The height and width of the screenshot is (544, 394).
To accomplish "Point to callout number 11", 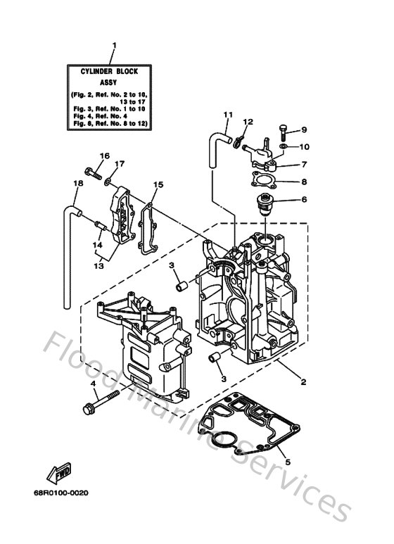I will tap(227, 114).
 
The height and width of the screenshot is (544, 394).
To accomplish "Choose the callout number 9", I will tap(305, 129).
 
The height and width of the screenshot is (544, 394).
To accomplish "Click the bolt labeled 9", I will tap(282, 130).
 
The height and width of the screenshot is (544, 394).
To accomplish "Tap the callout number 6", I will tap(305, 199).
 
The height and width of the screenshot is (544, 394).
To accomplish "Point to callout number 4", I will tap(92, 383).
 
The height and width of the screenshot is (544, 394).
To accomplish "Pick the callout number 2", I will tap(303, 383).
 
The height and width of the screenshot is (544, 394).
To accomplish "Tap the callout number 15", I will tap(159, 185).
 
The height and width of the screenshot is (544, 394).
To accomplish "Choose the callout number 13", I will tap(99, 266).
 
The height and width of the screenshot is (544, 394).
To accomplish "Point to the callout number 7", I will tap(305, 164).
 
